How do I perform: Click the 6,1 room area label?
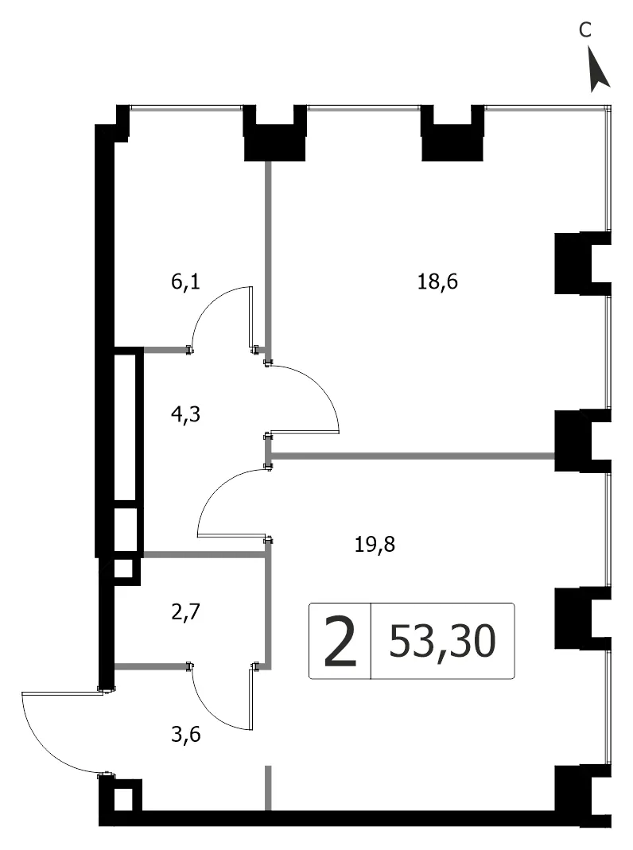click(185, 281)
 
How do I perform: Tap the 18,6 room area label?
click(437, 281)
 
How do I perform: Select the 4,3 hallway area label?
click(185, 415)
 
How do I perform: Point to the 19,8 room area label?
click(375, 544)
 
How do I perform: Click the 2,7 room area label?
click(185, 612)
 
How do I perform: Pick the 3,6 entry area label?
click(185, 735)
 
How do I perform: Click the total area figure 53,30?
click(442, 641)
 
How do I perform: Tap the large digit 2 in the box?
click(340, 642)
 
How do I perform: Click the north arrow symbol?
click(599, 68)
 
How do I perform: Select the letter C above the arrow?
click(584, 29)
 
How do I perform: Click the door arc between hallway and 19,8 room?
click(217, 488)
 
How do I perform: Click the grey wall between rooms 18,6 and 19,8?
click(412, 456)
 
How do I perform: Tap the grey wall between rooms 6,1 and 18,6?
click(267, 254)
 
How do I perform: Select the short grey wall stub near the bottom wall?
click(267, 788)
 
